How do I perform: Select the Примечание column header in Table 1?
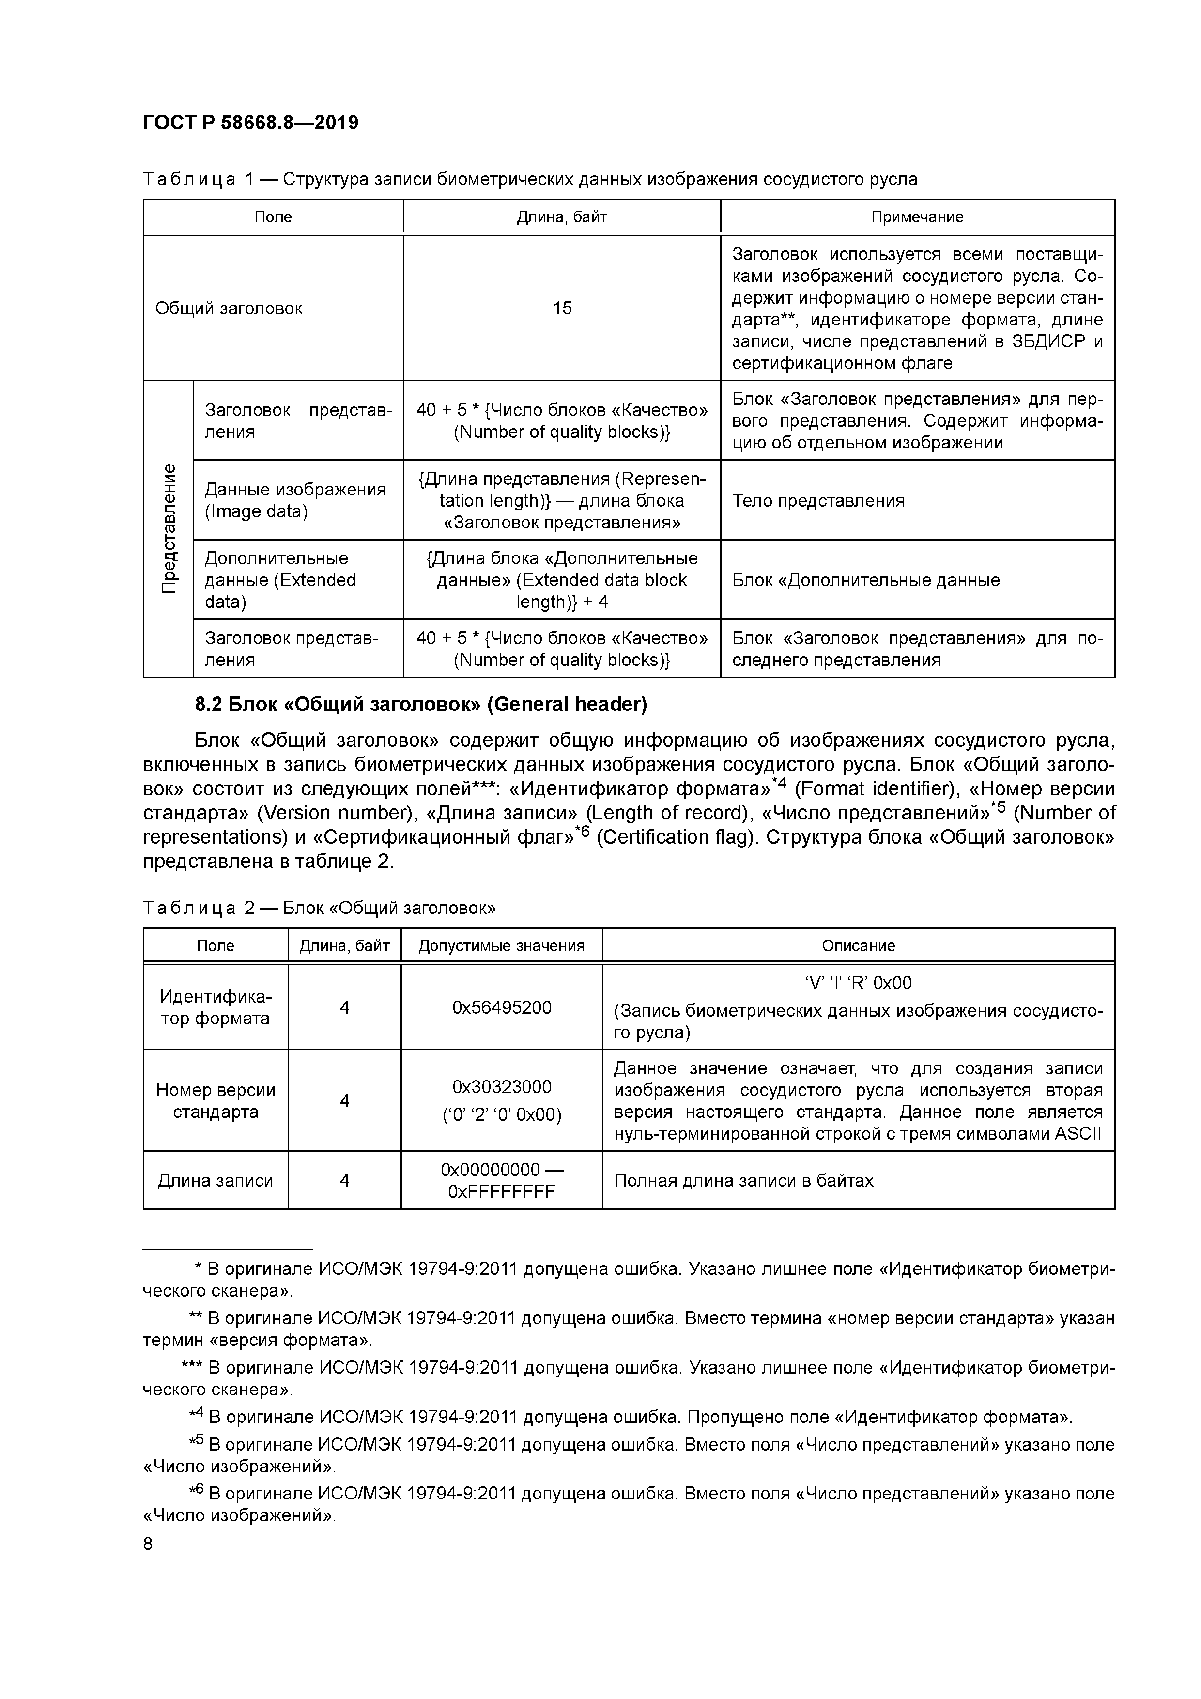tap(917, 217)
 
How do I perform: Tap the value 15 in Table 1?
tap(562, 309)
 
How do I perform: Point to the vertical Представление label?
tap(169, 528)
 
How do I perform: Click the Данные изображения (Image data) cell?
tap(295, 500)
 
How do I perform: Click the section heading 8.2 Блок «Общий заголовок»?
tap(420, 705)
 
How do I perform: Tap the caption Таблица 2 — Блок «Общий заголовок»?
tap(319, 908)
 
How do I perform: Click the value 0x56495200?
tap(502, 1008)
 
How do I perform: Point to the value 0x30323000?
tap(502, 1087)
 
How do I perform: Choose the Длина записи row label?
tap(216, 1180)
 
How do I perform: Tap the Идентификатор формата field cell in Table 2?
tap(216, 1008)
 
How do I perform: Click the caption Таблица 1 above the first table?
tap(529, 179)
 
